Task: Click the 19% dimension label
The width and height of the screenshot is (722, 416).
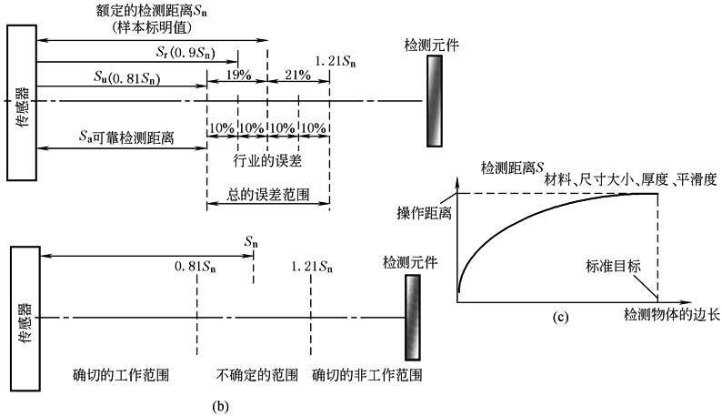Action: point(240,75)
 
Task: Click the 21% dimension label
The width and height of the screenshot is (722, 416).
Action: point(298,75)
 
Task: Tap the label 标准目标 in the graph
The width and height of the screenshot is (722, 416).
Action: point(613,268)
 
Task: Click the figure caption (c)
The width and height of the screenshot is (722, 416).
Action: point(560,318)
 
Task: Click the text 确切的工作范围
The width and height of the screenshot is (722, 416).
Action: point(121,374)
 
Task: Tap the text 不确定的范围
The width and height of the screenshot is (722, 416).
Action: point(256,374)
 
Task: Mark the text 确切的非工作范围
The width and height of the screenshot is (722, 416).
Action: point(366,374)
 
